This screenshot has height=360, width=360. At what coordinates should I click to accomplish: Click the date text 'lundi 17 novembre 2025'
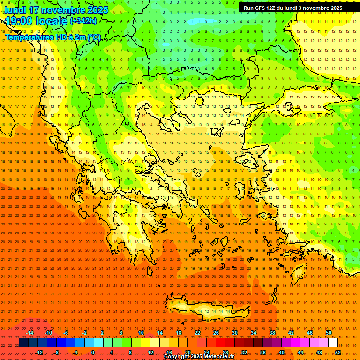click(56, 10)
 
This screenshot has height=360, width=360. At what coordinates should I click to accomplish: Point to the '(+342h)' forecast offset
click(83, 21)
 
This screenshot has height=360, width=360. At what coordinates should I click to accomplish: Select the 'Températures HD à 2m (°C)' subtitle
click(52, 37)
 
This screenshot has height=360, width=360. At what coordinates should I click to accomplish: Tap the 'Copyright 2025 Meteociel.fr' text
click(199, 357)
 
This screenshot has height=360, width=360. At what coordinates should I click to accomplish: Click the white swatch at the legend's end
click(333, 343)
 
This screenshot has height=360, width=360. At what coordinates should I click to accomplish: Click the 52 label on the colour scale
click(338, 352)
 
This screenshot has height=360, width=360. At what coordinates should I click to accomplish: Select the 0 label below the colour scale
click(93, 352)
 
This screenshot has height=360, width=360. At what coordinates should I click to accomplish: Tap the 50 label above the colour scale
click(329, 333)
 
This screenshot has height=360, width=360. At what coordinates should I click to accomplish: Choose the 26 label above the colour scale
click(216, 333)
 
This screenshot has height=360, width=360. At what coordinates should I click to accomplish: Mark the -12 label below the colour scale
click(39, 352)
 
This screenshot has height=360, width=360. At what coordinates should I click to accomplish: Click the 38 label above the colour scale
click(272, 333)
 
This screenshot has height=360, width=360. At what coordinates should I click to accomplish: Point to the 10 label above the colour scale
click(141, 333)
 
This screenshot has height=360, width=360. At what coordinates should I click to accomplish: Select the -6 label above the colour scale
click(66, 333)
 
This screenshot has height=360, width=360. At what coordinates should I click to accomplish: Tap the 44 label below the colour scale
click(300, 352)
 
